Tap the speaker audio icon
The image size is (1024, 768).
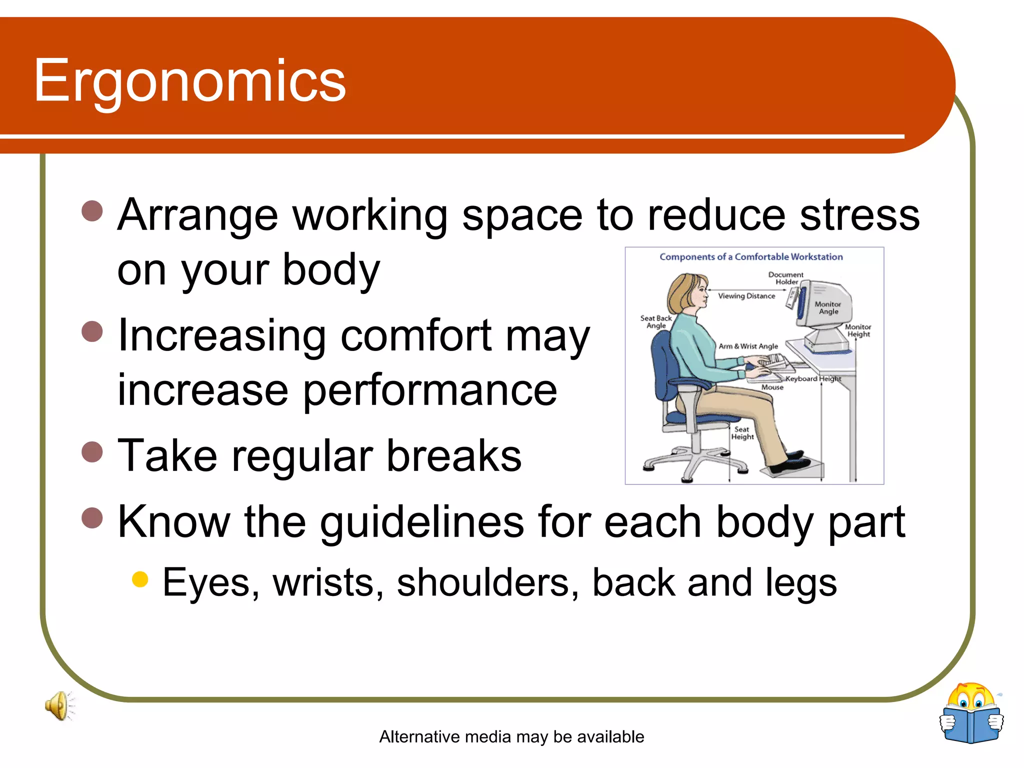click(x=59, y=705)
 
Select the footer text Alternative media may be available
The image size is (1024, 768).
click(x=511, y=736)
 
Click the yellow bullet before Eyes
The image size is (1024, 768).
click(x=140, y=579)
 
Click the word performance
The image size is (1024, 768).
click(x=429, y=390)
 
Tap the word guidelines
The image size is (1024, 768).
click(x=422, y=522)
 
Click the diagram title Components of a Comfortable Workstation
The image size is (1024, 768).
click(x=751, y=257)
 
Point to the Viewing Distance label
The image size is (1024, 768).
click(x=746, y=296)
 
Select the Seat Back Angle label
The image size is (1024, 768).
click(x=656, y=321)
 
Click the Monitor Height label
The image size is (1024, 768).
click(x=858, y=330)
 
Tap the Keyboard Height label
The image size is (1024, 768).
click(x=813, y=378)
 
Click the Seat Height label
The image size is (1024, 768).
click(x=742, y=433)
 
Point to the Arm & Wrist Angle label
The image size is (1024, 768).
click(x=748, y=346)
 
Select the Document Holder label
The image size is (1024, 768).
click(x=785, y=278)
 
